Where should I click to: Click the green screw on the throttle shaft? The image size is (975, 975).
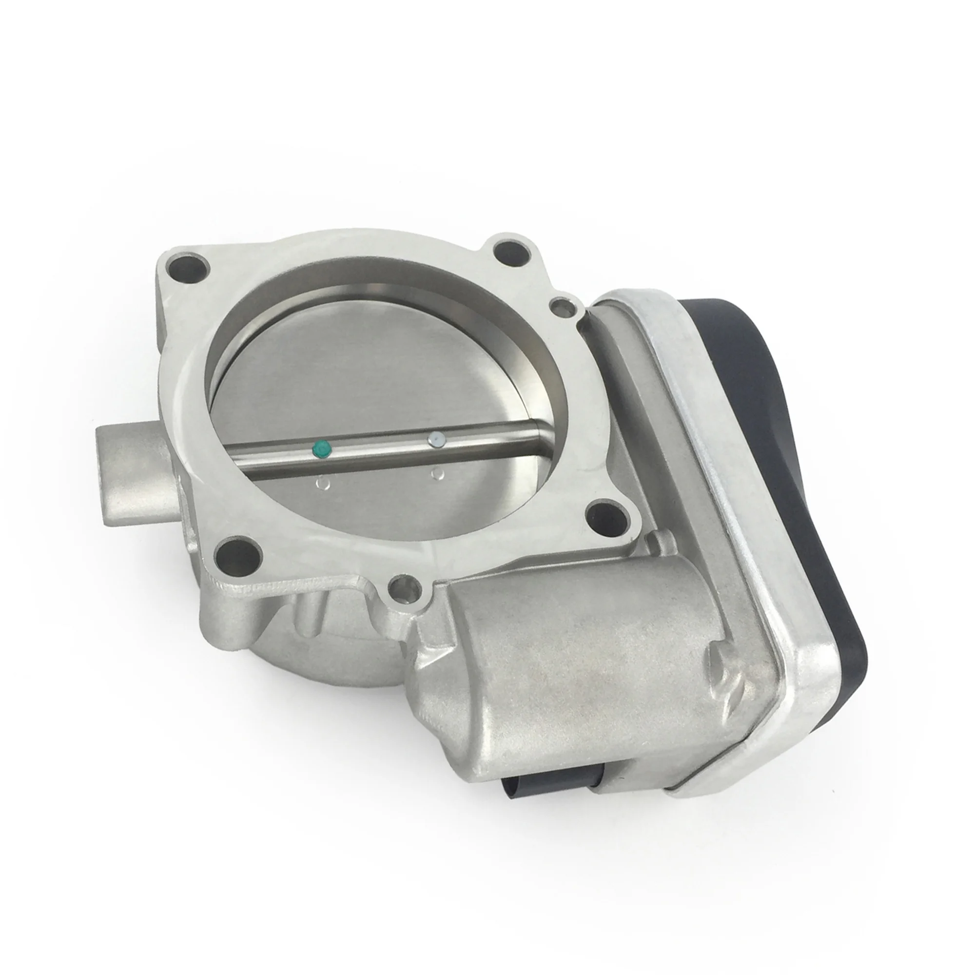pyautogui.click(x=321, y=448)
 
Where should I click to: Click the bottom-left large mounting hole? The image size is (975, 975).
pyautogui.click(x=235, y=554)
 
